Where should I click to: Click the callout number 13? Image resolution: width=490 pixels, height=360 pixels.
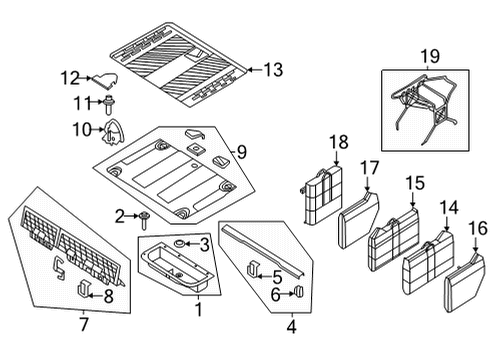(273, 70)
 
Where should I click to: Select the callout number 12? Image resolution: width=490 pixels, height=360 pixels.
(69, 77)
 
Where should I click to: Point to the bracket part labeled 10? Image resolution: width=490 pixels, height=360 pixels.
(117, 128)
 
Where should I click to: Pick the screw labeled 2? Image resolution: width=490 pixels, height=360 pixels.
(146, 216)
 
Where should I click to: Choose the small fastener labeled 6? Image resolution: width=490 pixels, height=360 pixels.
(296, 292)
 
